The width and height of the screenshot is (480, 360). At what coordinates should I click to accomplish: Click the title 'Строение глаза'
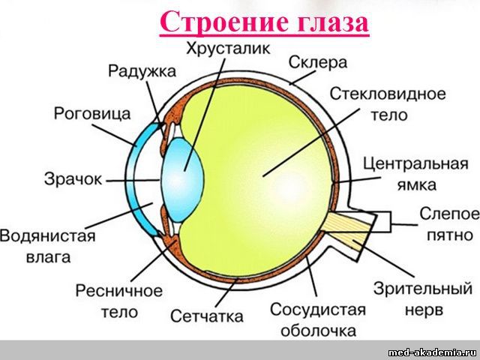(x=264, y=22)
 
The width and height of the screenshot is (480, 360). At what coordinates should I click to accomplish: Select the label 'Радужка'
(x=142, y=71)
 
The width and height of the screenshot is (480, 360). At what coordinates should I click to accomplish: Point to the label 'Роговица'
(x=93, y=113)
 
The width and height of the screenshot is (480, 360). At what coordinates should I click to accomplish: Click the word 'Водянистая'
(x=48, y=238)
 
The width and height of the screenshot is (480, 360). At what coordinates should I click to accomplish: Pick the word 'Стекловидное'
(x=388, y=94)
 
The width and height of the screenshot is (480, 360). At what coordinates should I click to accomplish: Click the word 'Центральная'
(x=415, y=163)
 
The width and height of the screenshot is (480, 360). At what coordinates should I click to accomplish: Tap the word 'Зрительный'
(x=423, y=288)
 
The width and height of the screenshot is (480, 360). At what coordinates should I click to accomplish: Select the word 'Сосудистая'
(x=317, y=310)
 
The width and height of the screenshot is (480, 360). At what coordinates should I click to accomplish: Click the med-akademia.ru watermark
(x=432, y=352)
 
